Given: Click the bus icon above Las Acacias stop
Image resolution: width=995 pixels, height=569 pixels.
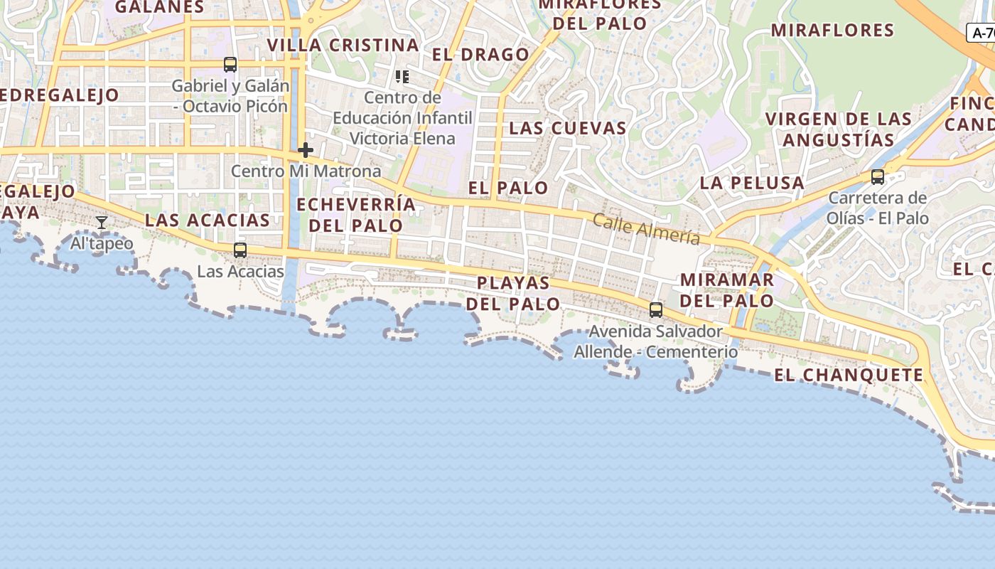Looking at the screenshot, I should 240,250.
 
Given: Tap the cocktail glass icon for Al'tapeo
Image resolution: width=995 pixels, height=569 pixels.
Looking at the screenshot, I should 102,223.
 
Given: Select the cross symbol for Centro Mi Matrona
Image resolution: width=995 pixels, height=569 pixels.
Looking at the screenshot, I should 306,150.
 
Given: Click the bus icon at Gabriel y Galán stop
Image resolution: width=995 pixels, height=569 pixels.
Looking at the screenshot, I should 230,65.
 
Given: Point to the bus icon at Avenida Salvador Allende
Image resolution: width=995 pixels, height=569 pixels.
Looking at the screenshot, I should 656,310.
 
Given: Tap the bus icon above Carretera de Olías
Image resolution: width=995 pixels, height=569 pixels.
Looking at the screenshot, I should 878,177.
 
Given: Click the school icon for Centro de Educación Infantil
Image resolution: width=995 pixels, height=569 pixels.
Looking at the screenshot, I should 402,76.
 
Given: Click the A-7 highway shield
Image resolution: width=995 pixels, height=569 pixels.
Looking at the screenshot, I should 981,33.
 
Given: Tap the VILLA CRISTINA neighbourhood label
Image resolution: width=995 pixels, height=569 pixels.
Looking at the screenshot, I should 343,46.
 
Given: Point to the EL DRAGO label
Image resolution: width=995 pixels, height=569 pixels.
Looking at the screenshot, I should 480,55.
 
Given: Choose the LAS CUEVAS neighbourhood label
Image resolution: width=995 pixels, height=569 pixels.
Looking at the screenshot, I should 568,129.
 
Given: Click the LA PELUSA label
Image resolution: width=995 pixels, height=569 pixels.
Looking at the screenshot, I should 752,183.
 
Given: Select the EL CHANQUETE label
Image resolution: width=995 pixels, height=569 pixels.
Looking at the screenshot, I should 849,376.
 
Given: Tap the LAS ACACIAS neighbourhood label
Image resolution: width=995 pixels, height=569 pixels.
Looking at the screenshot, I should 208,220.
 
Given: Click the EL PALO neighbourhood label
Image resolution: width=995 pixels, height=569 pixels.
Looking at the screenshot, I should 508,188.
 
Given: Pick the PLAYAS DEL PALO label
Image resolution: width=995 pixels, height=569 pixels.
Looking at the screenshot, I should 513,293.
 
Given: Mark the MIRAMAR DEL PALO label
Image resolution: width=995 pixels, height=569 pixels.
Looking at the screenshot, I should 726,289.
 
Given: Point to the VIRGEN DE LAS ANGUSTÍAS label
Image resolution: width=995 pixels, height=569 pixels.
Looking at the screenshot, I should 839,129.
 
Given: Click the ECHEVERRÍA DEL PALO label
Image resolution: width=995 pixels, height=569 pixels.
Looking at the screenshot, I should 356,215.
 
